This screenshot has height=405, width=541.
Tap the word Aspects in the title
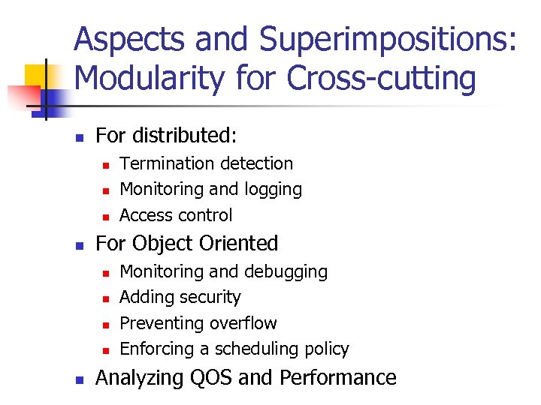coord(125,38)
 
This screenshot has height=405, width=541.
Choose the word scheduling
coord(261,349)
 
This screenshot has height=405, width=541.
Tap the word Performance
coord(338,377)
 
